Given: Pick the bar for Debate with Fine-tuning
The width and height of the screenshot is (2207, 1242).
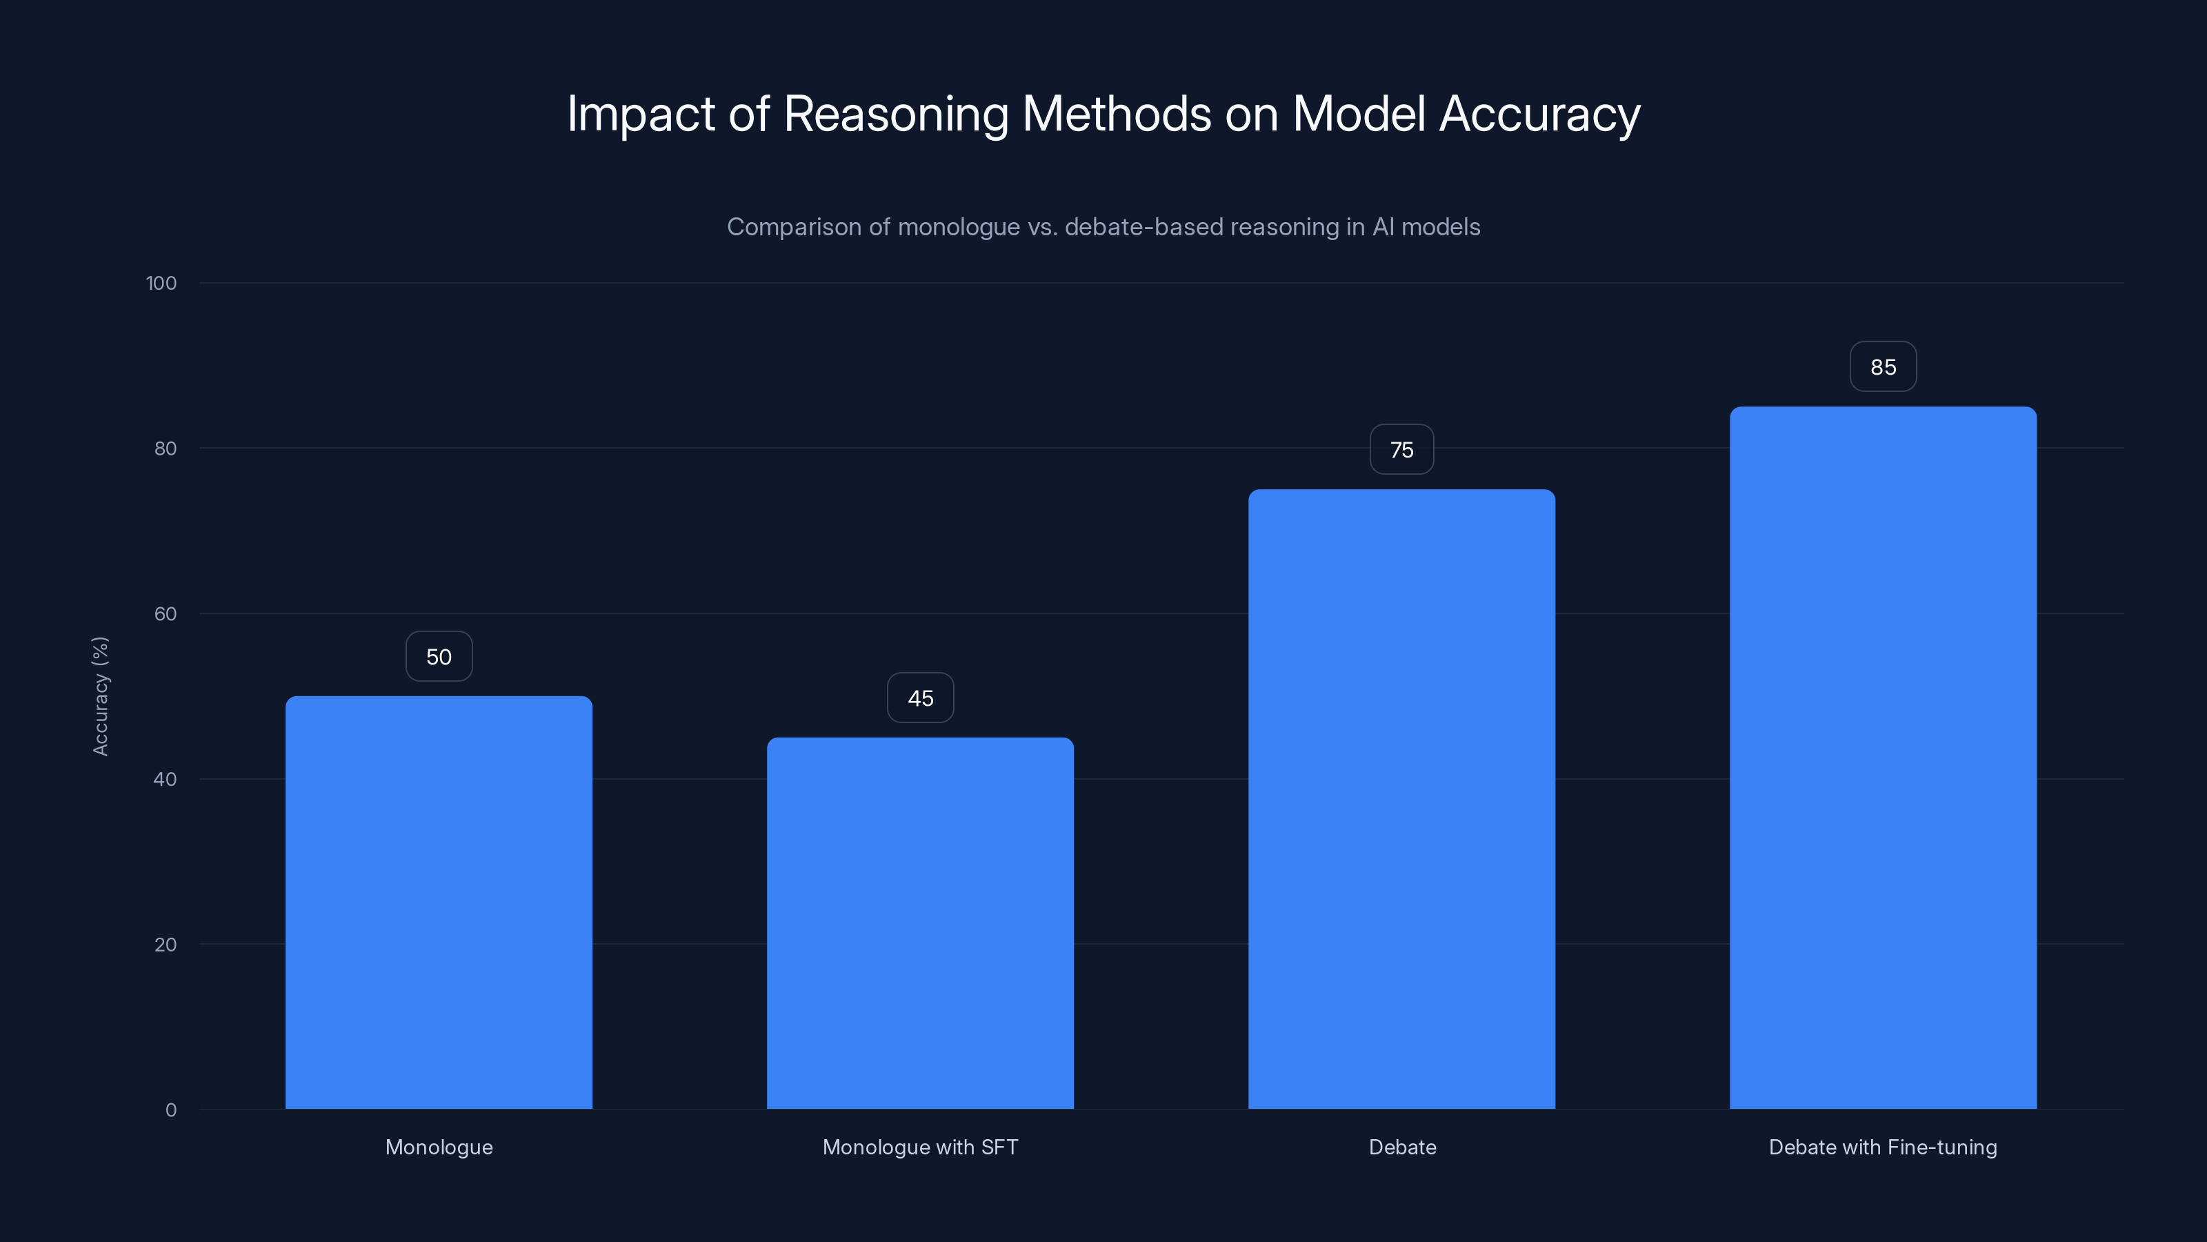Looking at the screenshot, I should (1883, 758).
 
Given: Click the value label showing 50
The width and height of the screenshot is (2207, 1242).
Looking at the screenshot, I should (439, 657).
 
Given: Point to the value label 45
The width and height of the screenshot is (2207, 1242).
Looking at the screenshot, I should (920, 698).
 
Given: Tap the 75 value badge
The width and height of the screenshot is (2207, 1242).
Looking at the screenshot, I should (1401, 450).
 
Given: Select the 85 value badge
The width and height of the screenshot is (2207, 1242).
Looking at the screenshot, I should (1883, 367).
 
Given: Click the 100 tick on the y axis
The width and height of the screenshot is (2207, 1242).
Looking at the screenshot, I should (161, 283).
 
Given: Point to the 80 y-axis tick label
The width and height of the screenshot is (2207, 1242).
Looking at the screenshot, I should (166, 448).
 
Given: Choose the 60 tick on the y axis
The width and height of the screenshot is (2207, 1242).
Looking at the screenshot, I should (166, 613).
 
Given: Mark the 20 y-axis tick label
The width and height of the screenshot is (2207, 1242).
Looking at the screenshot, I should (166, 945).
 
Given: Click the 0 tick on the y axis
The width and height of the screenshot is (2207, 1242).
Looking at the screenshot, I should (170, 1110).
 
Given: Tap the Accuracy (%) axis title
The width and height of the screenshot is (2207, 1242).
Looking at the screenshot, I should (100, 696).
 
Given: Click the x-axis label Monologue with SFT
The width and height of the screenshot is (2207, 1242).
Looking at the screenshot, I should (920, 1147).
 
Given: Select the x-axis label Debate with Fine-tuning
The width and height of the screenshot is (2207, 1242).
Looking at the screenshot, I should (1883, 1147).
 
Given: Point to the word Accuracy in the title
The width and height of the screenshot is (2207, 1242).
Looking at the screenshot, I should (1539, 114).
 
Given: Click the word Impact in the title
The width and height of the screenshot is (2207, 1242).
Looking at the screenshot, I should (641, 114).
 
